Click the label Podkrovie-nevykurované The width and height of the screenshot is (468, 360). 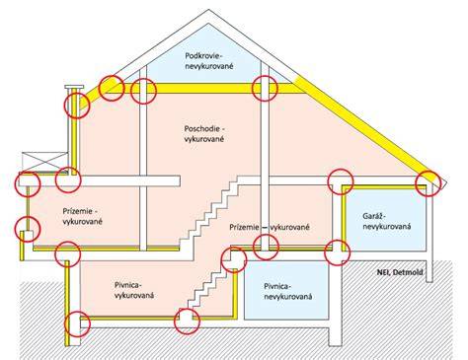click(x=209, y=60)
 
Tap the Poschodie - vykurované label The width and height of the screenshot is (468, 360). click(x=204, y=133)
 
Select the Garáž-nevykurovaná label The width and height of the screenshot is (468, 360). click(x=387, y=221)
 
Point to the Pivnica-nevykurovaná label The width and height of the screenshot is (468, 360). click(x=287, y=291)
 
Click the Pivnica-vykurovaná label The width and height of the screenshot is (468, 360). click(x=134, y=290)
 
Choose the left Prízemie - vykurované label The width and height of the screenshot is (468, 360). click(x=82, y=216)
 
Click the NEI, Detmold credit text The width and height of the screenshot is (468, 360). click(x=400, y=272)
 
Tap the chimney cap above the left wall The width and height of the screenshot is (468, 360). click(x=74, y=87)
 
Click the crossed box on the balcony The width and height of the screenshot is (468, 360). click(x=44, y=162)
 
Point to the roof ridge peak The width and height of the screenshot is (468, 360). click(x=208, y=10)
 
